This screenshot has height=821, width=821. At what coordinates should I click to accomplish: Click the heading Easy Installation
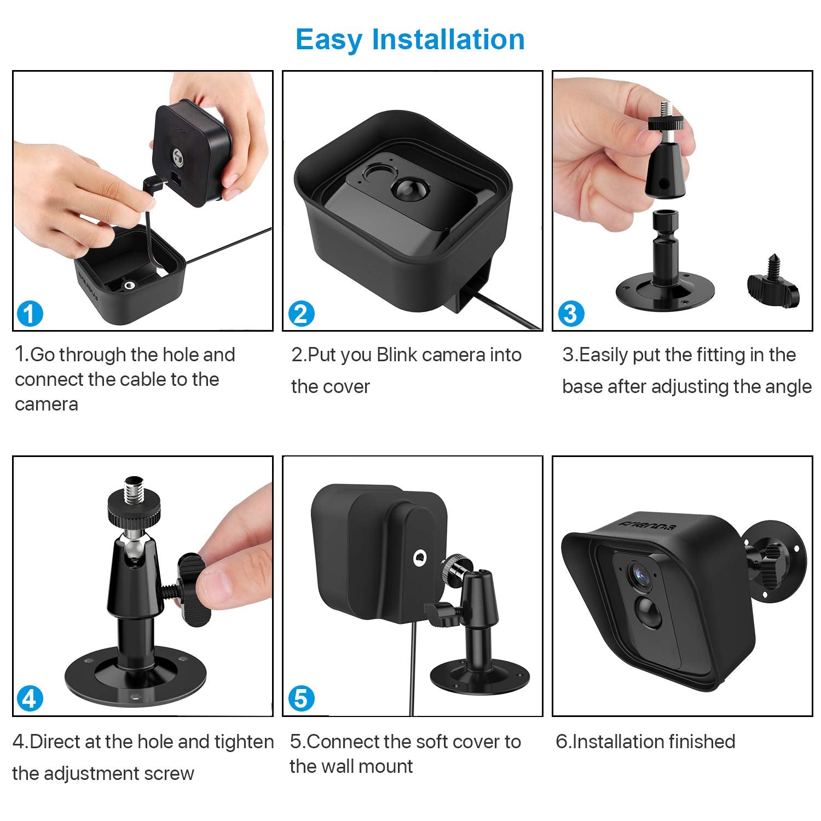[410, 40]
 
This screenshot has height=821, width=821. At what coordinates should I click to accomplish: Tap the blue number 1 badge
[30, 314]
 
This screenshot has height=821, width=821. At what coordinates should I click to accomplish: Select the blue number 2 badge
[301, 314]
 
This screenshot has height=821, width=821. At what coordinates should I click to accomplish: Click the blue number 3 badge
[571, 314]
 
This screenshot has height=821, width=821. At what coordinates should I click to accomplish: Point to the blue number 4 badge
[30, 699]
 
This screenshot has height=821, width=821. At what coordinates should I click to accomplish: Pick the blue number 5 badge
[301, 699]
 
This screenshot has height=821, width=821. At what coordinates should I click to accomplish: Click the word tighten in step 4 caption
[244, 742]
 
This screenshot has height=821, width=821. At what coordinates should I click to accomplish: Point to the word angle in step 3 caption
[791, 386]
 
